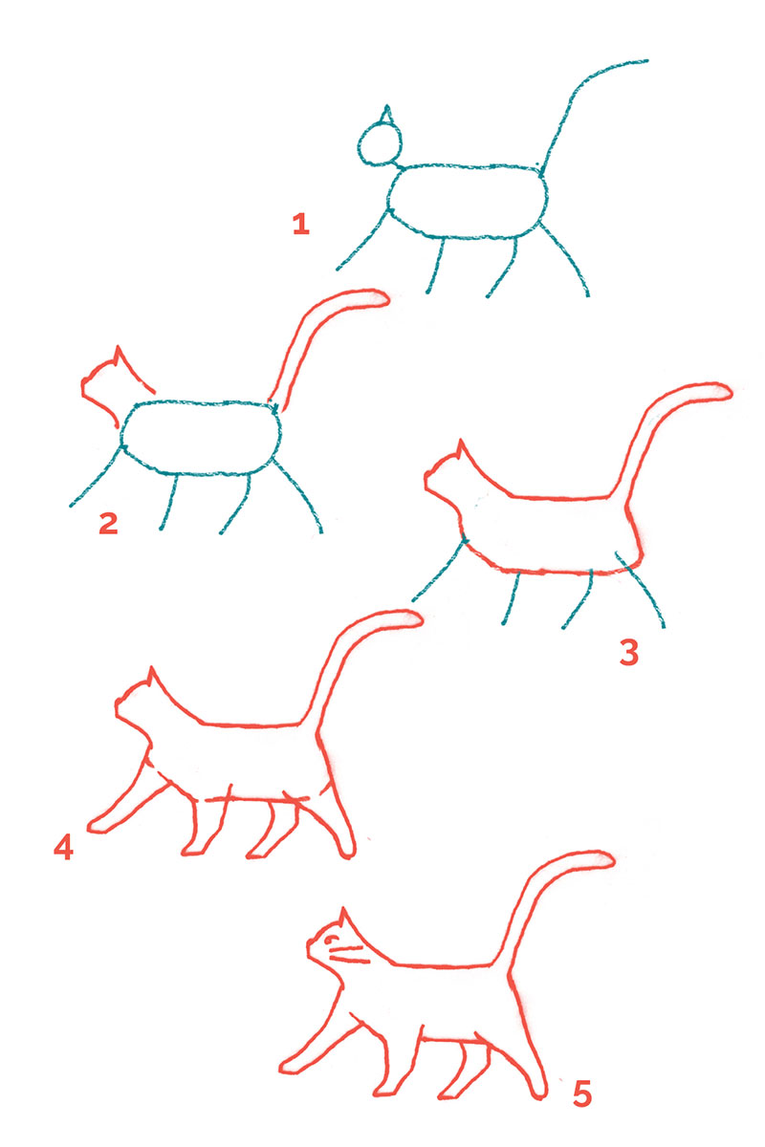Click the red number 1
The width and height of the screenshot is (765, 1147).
(301, 225)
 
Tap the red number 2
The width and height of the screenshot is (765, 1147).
(107, 523)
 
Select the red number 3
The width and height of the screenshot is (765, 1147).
(628, 652)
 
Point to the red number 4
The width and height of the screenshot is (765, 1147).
(63, 847)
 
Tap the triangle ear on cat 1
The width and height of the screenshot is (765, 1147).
(385, 116)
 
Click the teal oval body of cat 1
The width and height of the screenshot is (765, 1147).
(468, 201)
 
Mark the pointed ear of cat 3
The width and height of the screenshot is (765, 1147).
(461, 450)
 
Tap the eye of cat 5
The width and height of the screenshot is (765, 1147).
(331, 941)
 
